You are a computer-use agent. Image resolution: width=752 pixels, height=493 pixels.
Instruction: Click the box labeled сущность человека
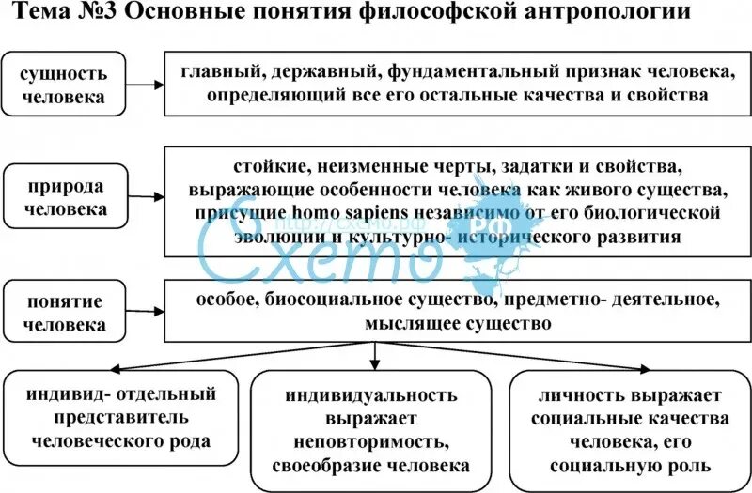66,85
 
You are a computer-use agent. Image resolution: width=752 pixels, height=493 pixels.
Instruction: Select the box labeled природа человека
66,196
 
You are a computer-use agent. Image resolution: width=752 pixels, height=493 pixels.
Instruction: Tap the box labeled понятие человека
66,314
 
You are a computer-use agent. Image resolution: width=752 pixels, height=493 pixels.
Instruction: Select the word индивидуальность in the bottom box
372,395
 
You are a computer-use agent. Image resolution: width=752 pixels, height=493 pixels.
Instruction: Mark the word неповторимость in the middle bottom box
372,441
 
